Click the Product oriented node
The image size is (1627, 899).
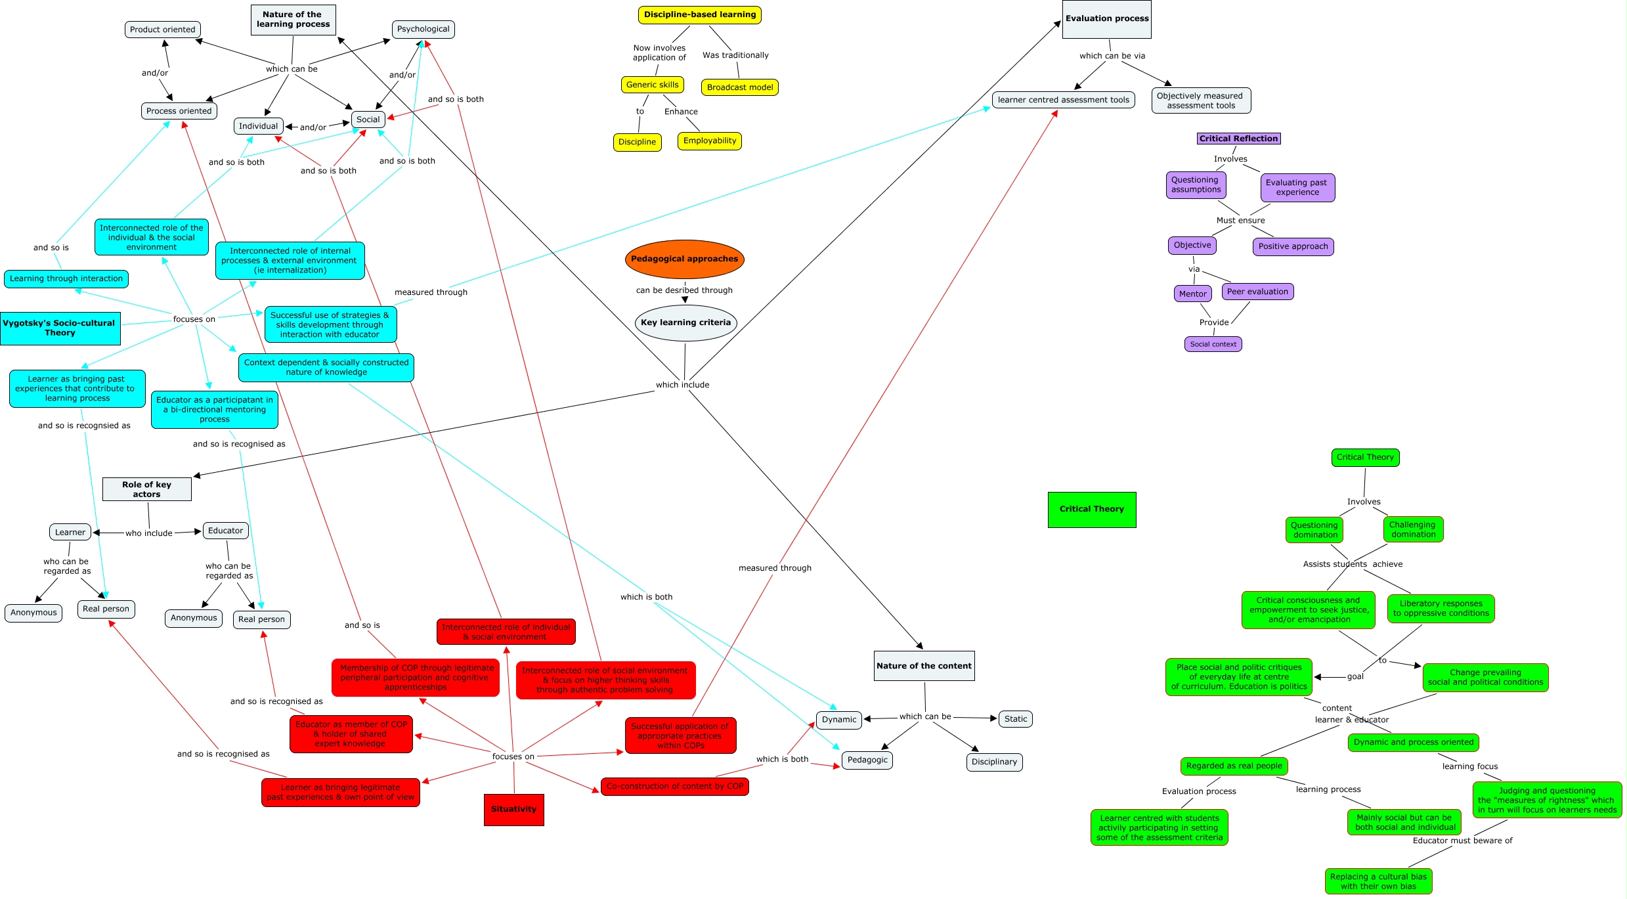(x=162, y=30)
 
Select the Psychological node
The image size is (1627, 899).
(x=423, y=29)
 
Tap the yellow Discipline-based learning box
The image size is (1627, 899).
(x=699, y=14)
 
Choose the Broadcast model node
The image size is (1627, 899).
(x=739, y=87)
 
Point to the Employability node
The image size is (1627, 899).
(x=709, y=141)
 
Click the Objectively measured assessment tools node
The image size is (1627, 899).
(x=1200, y=100)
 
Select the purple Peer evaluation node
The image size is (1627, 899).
(x=1257, y=292)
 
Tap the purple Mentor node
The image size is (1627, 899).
(x=1192, y=294)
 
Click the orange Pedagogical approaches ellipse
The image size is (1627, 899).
(x=684, y=259)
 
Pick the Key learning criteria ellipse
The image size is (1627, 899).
(x=685, y=322)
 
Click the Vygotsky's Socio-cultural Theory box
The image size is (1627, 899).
(x=60, y=328)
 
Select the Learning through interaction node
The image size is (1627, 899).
(x=66, y=278)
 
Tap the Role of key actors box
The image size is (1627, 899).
(x=146, y=489)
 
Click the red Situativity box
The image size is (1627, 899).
(x=513, y=809)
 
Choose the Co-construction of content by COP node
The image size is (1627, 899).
(x=674, y=786)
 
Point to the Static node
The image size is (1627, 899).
(x=1015, y=719)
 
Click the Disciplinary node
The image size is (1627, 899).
(x=994, y=762)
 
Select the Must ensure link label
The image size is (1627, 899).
(x=1240, y=221)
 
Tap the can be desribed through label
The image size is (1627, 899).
(x=684, y=290)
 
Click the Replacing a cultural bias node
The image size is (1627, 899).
(x=1378, y=881)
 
